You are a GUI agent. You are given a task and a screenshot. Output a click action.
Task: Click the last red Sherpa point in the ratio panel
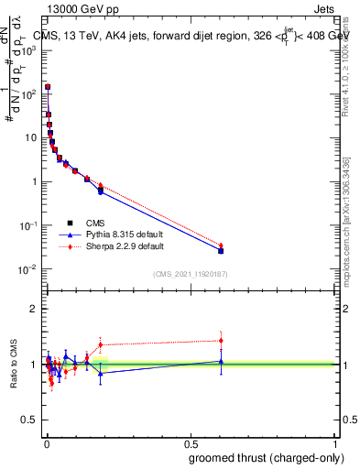pos(221,341)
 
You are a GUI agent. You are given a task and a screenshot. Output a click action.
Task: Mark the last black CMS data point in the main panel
pos(221,250)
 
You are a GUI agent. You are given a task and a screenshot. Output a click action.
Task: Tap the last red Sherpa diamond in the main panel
pos(221,245)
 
